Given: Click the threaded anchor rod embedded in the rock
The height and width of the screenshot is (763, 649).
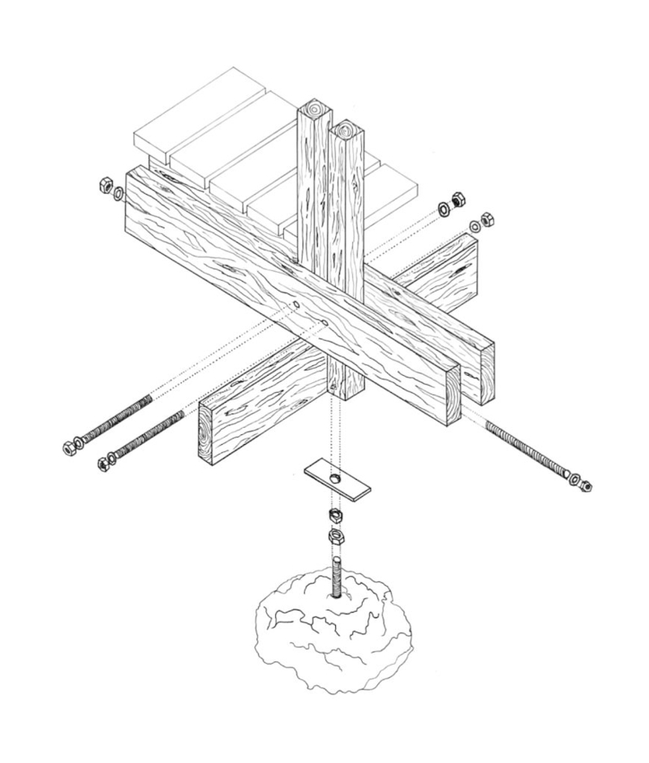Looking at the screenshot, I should pyautogui.click(x=335, y=576).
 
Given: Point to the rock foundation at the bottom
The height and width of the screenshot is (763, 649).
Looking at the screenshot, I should pyautogui.click(x=333, y=641).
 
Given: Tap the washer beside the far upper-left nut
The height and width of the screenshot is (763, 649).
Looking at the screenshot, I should pyautogui.click(x=119, y=193).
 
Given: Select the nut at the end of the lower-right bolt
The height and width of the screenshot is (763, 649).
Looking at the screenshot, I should pyautogui.click(x=586, y=485).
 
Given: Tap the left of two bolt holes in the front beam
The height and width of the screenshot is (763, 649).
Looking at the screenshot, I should pyautogui.click(x=297, y=306).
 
